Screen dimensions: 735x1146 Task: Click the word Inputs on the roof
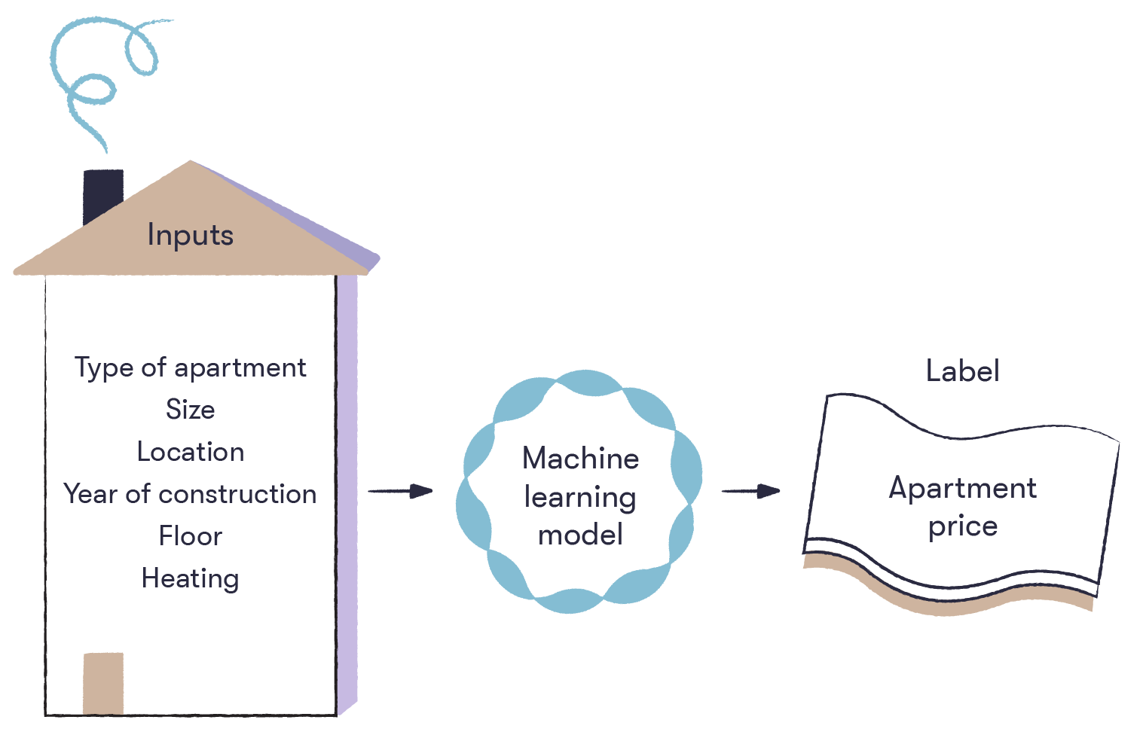[190, 235]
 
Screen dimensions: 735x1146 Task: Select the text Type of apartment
[190, 368]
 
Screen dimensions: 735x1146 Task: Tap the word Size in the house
[190, 410]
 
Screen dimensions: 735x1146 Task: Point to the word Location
[190, 452]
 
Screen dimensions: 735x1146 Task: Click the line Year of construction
[190, 494]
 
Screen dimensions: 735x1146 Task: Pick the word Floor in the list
[190, 536]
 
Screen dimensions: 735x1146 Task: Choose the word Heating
[190, 578]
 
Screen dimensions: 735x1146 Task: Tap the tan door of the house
[103, 682]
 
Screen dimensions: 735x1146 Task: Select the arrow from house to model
[400, 491]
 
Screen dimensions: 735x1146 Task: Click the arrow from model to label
[750, 491]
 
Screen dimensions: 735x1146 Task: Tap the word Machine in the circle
[580, 458]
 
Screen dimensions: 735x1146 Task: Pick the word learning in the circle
[580, 498]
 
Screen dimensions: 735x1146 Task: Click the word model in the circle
[580, 535]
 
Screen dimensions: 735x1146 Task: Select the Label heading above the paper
[962, 371]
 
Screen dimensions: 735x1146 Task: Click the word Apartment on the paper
[962, 488]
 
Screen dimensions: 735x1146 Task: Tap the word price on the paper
[962, 526]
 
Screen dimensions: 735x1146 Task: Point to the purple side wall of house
[347, 489]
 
